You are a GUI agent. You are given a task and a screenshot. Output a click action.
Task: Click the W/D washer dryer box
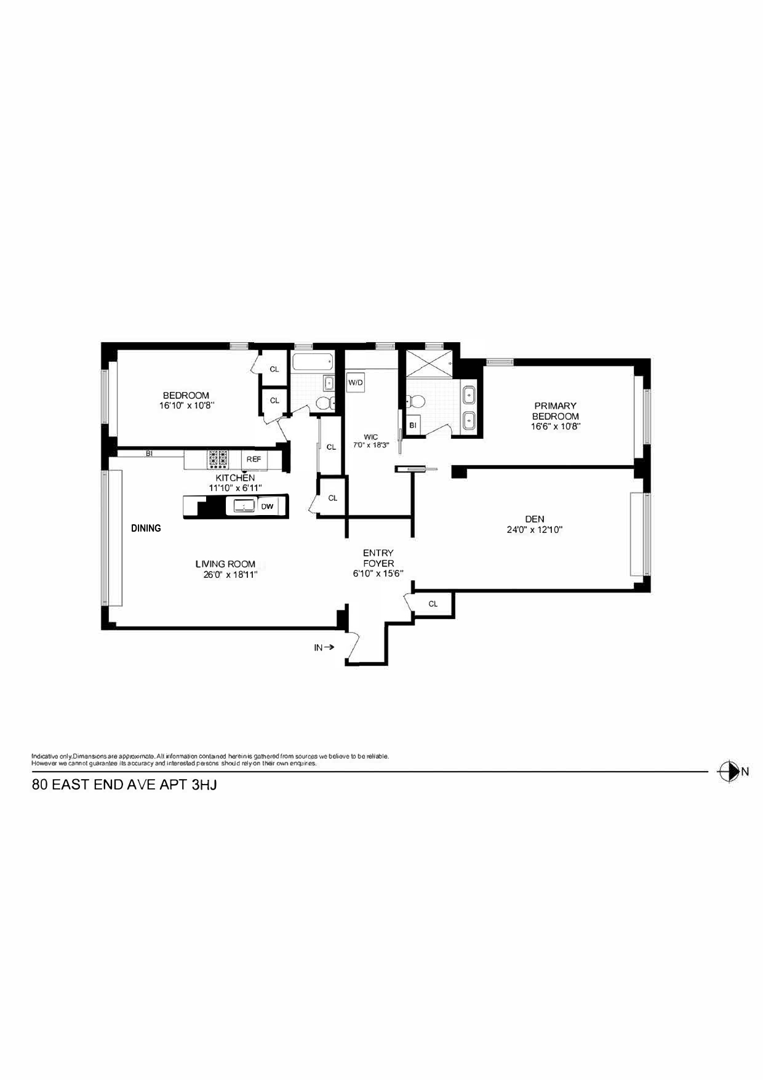356,383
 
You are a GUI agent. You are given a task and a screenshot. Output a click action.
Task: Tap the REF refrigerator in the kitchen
254,459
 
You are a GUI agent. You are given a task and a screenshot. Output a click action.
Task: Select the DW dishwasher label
267,506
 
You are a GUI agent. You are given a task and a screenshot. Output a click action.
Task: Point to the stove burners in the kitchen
218,459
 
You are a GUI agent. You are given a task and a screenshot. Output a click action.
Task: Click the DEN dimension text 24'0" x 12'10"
534,529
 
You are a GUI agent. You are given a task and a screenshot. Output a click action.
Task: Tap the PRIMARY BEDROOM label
555,410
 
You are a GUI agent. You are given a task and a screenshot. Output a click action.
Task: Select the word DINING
146,528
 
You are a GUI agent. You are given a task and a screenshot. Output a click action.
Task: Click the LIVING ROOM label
225,564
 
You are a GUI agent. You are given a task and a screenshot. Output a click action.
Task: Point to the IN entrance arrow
324,647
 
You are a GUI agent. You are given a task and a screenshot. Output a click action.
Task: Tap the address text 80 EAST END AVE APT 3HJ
124,785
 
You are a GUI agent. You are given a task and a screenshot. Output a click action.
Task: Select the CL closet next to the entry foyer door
433,604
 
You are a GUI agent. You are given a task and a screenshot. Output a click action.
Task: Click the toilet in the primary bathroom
417,402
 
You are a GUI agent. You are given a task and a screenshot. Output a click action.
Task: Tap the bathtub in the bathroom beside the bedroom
312,362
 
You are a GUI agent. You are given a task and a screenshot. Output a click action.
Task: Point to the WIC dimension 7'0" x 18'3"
370,445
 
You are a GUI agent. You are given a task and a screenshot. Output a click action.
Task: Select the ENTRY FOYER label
378,558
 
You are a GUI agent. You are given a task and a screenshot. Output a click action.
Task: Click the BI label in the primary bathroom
412,425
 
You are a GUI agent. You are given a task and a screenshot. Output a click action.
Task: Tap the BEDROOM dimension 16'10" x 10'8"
186,406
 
